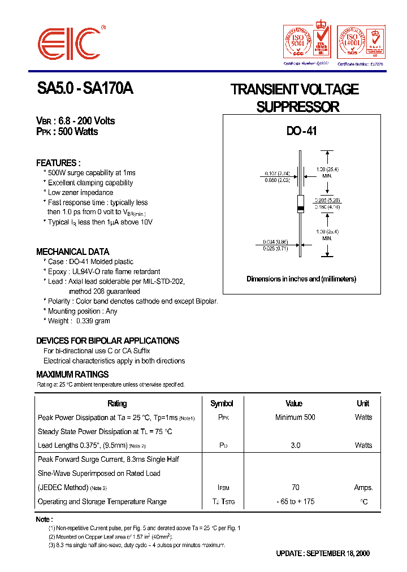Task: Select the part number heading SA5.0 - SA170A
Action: coord(85,89)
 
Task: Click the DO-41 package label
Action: coord(301,131)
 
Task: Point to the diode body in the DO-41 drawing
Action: coord(301,205)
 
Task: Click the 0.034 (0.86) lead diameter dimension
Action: coord(277,242)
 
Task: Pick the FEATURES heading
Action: coord(58,163)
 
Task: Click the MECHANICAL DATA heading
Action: coord(73,252)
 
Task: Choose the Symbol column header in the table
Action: coord(222,404)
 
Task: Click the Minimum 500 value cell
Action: coord(295,417)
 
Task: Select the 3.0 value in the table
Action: coord(295,445)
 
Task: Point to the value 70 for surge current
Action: coord(295,487)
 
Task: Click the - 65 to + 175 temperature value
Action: coord(296,501)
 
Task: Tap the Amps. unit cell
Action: coord(363,487)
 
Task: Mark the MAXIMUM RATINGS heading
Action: coord(72,374)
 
